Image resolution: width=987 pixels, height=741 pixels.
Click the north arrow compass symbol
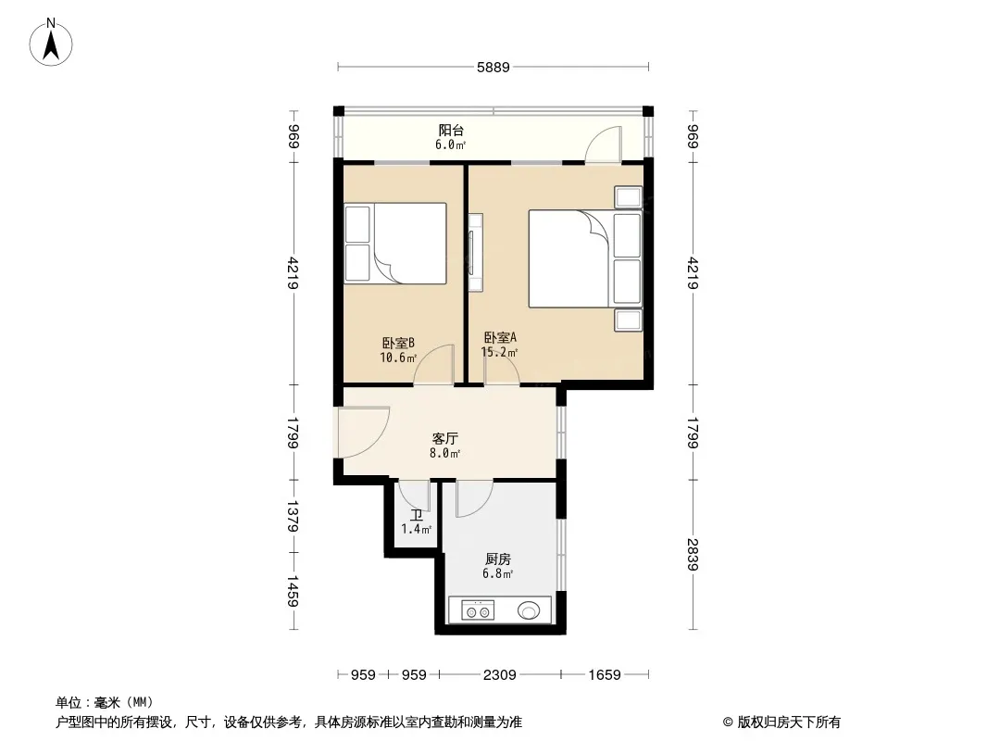51,43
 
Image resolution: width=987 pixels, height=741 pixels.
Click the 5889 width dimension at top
493,67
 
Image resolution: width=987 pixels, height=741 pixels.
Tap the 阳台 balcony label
451,131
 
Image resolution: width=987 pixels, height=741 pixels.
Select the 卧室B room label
398,343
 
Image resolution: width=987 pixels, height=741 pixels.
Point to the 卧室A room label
500,337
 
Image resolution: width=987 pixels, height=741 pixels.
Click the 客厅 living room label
445,438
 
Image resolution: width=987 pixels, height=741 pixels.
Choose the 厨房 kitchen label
498,559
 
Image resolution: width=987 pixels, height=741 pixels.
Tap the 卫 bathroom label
416,515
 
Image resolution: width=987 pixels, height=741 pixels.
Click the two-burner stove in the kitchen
478,610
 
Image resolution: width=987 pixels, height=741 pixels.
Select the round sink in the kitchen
529,610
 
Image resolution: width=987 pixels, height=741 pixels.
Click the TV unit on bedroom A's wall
475,253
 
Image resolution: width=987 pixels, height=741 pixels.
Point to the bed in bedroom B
394,243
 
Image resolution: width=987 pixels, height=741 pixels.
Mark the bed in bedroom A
585,258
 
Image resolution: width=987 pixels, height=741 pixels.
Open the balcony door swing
603,144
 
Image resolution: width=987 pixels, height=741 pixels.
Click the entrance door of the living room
363,432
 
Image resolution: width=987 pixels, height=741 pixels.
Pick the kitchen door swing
474,498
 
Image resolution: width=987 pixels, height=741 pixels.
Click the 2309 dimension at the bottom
499,675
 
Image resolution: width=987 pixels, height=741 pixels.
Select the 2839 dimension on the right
693,554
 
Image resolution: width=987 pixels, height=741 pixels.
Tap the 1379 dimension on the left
292,516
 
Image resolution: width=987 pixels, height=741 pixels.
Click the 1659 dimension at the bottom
605,675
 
